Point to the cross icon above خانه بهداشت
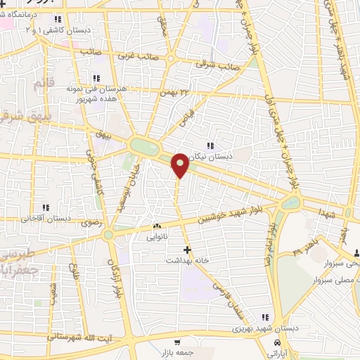point(187,250)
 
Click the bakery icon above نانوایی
point(157,226)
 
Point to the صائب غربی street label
point(134,54)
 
